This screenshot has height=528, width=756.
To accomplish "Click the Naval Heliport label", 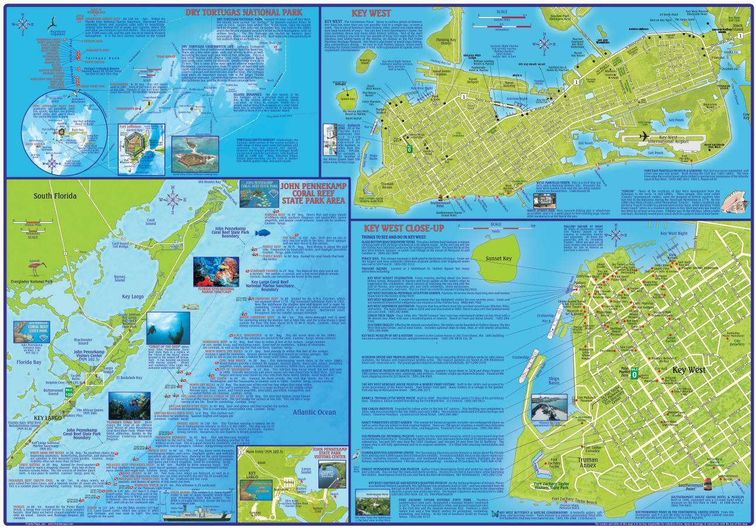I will pyautogui.click(x=473, y=82).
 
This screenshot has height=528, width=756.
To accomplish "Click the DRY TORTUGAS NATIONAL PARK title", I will pyautogui.click(x=243, y=12).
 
